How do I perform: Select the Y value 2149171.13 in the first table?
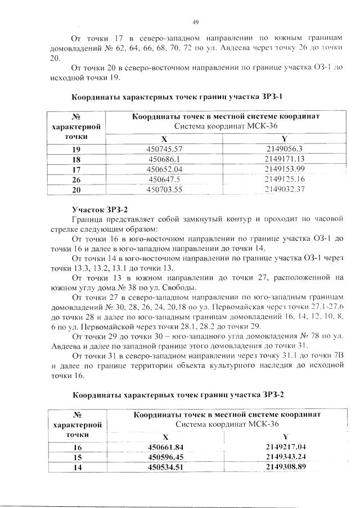coord(283,159)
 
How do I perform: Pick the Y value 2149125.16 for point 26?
coord(283,179)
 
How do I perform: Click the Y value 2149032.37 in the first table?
coord(283,190)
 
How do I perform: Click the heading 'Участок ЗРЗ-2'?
coord(101,209)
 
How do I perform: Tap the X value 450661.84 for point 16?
coord(166,447)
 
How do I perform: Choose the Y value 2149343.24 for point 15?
coord(285,457)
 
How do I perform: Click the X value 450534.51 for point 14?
coord(166,467)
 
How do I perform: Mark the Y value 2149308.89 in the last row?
coord(285,467)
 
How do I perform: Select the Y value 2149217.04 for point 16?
coord(285,447)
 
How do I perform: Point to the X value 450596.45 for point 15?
coord(166,457)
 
